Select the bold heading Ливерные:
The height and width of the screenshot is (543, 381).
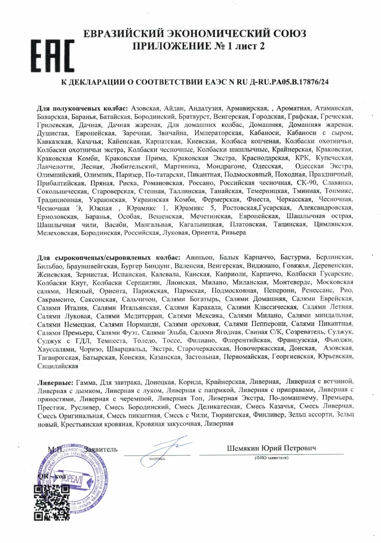(55, 382)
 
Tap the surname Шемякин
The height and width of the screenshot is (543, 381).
(244, 448)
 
